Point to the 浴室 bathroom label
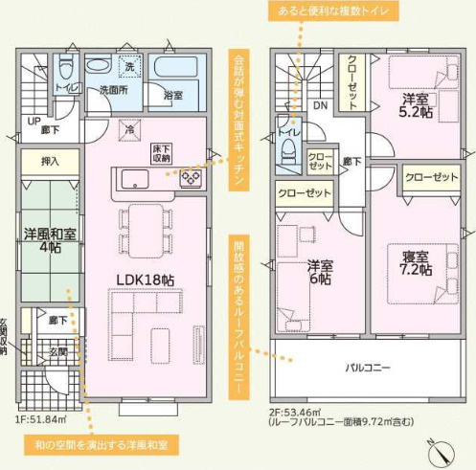(173, 95)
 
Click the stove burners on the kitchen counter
(190, 179)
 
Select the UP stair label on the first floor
(34, 123)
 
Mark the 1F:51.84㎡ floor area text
(39, 418)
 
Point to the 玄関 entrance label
(57, 352)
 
